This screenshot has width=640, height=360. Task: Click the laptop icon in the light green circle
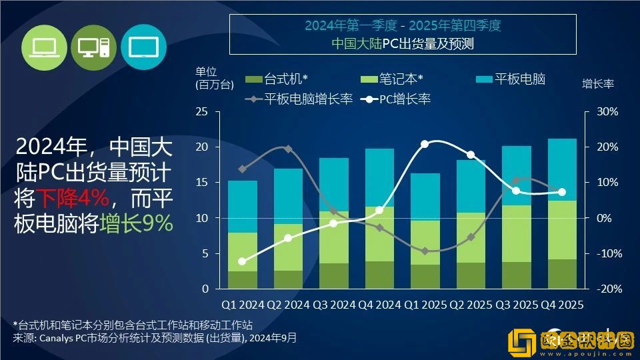click(x=45, y=46)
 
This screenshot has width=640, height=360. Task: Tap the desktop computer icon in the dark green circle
click(x=93, y=46)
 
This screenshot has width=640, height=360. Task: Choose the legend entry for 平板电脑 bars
click(x=511, y=79)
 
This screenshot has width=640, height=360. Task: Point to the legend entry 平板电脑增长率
click(x=300, y=100)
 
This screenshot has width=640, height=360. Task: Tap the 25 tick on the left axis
click(x=201, y=111)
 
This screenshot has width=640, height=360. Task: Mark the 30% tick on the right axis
click(x=607, y=111)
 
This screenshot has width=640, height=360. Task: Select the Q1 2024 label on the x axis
click(x=243, y=305)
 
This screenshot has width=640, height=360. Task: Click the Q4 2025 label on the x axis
click(x=562, y=305)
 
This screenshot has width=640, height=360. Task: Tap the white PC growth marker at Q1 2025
click(x=425, y=144)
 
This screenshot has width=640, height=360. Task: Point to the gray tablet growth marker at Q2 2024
click(x=288, y=149)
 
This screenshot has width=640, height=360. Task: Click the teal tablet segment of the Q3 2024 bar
click(x=333, y=185)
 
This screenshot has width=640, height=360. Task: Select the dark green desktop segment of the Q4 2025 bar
click(x=562, y=274)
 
